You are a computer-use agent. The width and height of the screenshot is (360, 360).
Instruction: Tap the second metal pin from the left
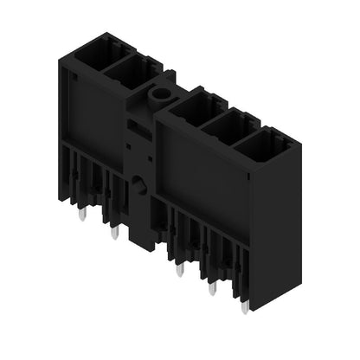[x=114, y=232]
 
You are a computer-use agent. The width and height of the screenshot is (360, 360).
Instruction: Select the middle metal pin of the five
[x=179, y=269]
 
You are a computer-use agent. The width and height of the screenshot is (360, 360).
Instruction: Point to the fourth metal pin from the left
[x=211, y=287]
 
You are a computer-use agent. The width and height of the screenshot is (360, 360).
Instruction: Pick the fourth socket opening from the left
[x=229, y=126]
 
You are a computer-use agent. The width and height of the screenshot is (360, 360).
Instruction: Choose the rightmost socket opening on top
[x=262, y=145]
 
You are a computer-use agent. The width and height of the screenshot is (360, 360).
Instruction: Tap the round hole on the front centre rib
[x=138, y=184]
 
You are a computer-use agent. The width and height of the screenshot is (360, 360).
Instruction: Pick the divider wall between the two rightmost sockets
[x=247, y=137]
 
